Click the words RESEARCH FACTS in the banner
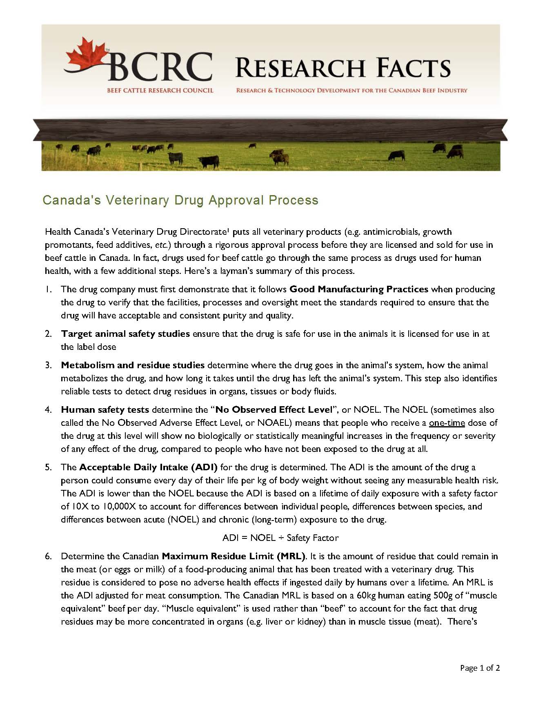coord(343,68)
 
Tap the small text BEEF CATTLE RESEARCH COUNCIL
coord(160,90)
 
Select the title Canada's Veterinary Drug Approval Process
coord(180,200)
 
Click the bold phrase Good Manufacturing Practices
coord(358,289)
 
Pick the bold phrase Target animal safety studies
coord(125,334)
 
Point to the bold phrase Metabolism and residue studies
coord(133,365)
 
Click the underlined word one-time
coord(447,423)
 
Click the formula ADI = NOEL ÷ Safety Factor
coord(280,538)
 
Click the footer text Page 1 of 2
coord(480,668)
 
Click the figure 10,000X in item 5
coord(119,507)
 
